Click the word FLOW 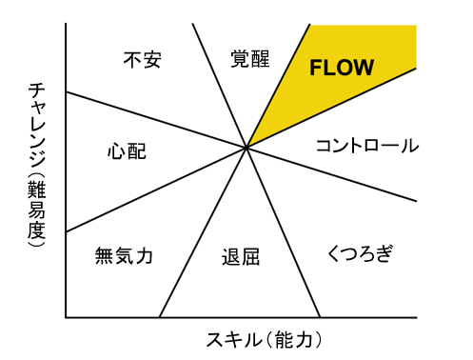pos(343,68)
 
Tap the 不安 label pos(144,59)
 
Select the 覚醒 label pos(250,59)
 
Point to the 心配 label pos(128,150)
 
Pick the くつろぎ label pos(360,254)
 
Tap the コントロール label pos(366,147)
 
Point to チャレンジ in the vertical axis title pos(35,124)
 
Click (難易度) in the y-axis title pos(35,213)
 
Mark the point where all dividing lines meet pos(247,147)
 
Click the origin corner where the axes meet pos(66,317)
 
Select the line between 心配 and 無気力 pos(152,191)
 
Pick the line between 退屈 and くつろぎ pos(286,238)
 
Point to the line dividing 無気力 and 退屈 pos(200,238)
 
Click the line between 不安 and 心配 pos(152,119)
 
